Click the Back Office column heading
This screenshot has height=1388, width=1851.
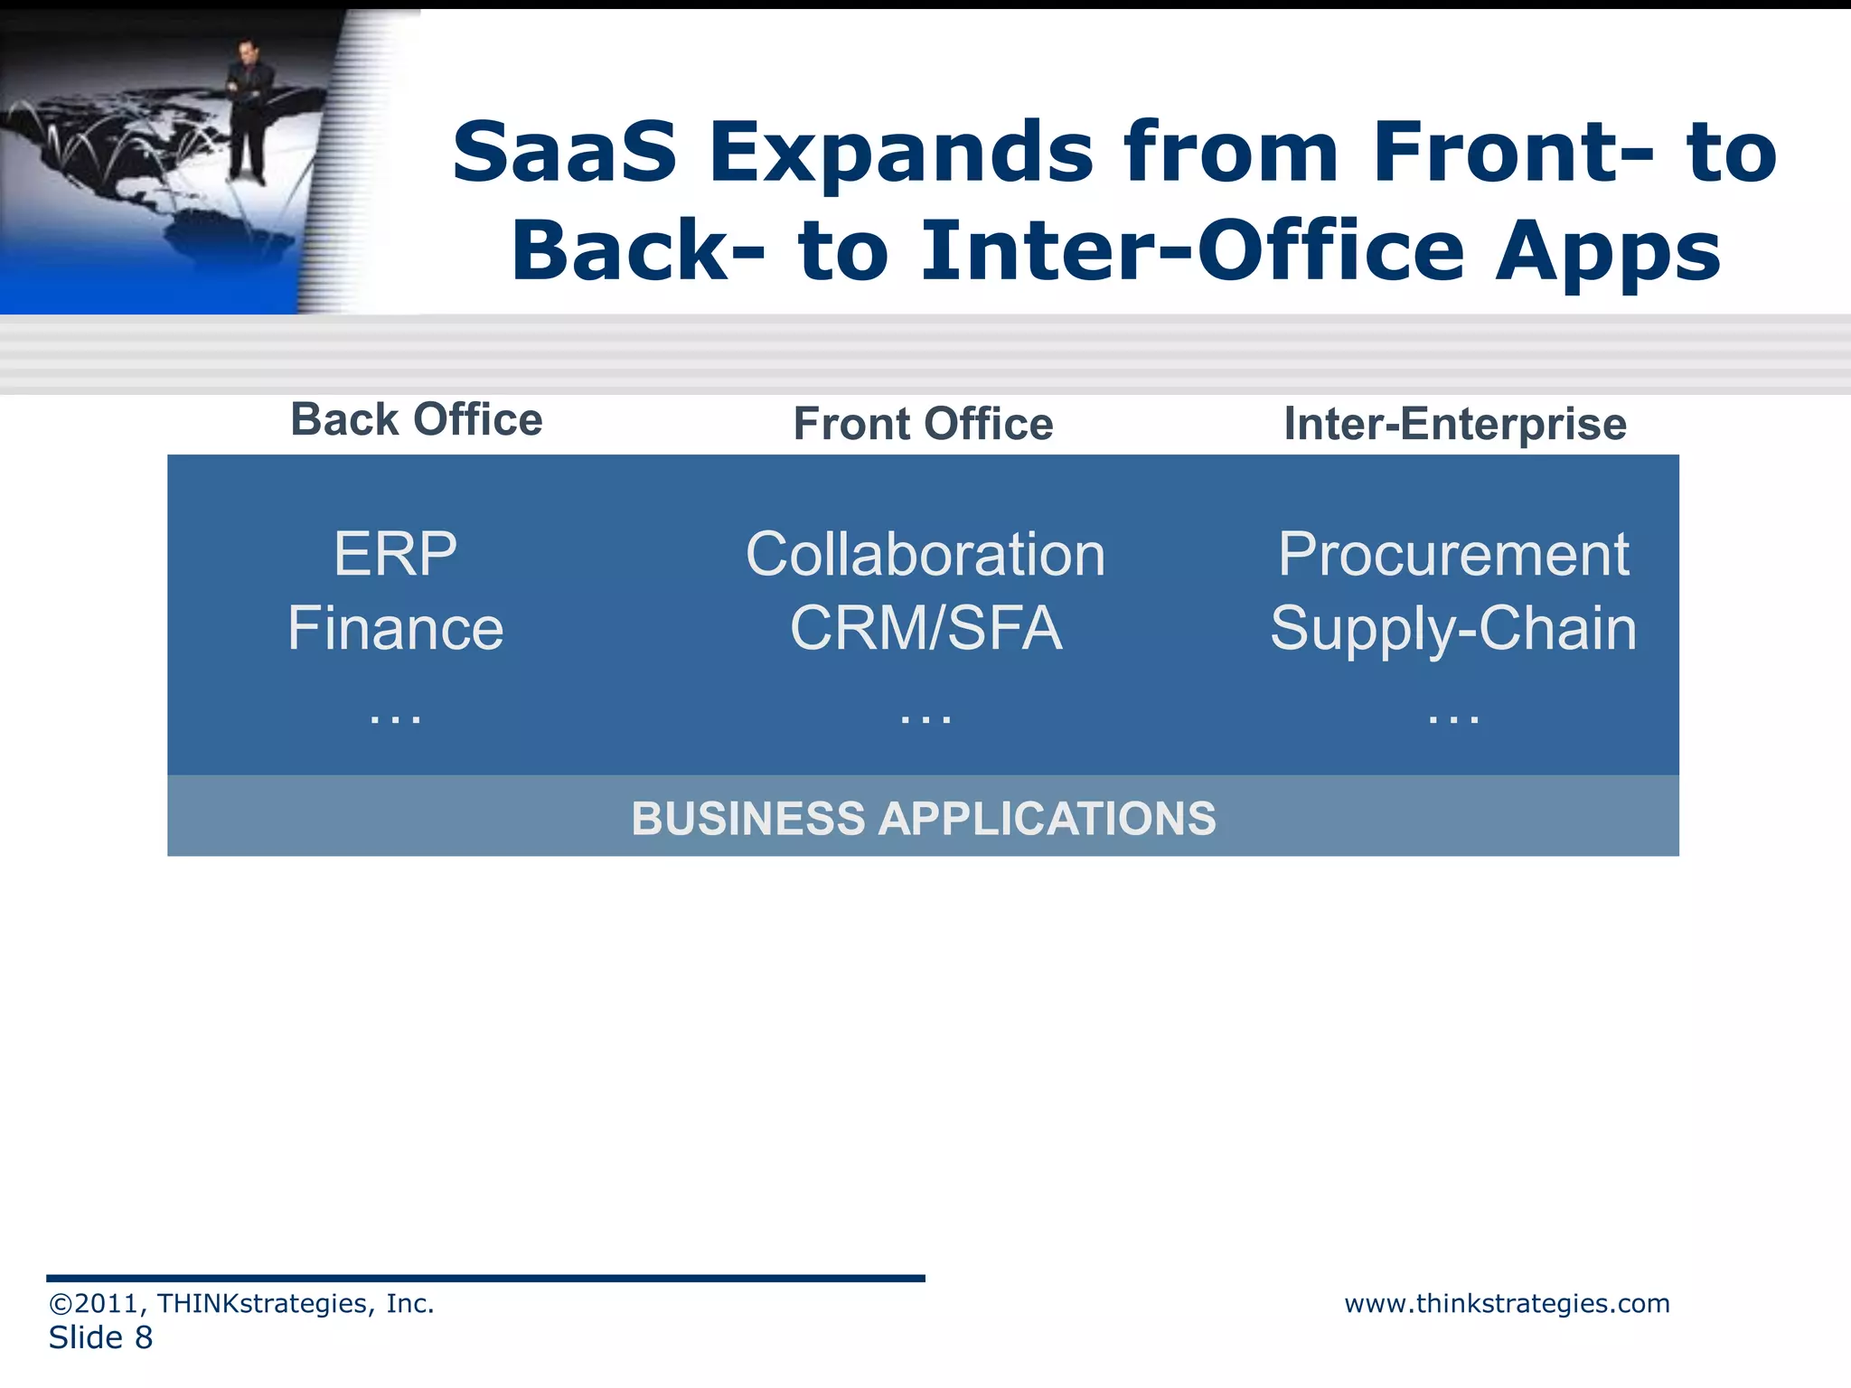(417, 420)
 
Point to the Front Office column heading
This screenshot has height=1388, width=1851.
(923, 424)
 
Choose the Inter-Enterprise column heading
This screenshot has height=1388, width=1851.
(1455, 424)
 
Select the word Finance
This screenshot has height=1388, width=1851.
(395, 628)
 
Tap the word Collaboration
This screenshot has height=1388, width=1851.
(925, 554)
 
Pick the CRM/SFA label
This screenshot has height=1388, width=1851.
(925, 628)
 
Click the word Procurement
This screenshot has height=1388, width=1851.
(1452, 554)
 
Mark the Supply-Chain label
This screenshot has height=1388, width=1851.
(1452, 630)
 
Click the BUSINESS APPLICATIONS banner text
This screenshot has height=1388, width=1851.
(923, 818)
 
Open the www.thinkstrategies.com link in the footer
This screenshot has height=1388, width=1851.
(1507, 1303)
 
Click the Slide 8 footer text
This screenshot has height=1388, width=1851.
(100, 1337)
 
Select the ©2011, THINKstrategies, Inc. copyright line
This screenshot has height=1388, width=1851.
(241, 1303)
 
